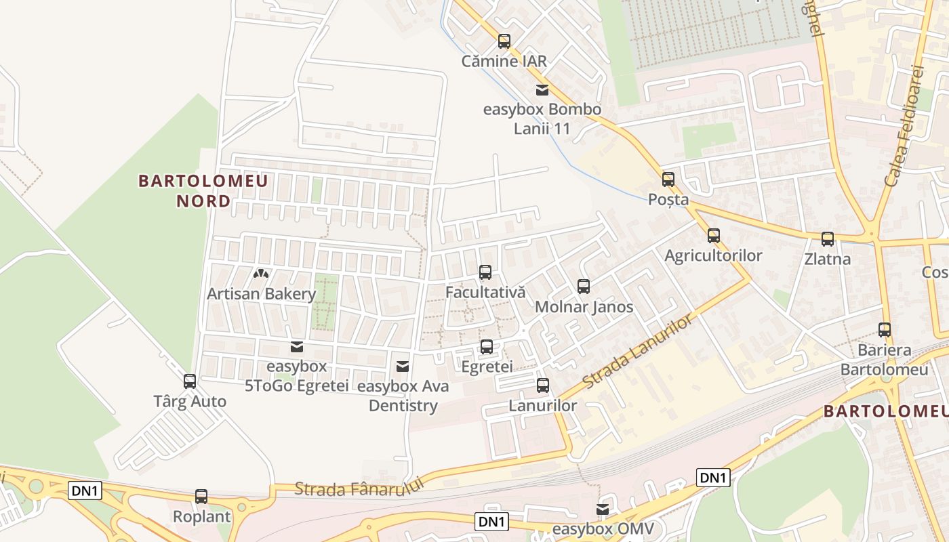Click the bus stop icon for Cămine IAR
504,41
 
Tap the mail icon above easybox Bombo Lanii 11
542,90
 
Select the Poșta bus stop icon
668,180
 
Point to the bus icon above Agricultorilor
714,236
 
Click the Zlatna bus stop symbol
828,239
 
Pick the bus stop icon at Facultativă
485,272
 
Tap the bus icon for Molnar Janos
584,287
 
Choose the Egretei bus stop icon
487,347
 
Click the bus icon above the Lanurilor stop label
543,385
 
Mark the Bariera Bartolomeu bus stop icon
885,330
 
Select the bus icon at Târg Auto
190,381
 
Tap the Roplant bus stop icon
201,497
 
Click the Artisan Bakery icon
261,274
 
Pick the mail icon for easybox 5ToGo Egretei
297,347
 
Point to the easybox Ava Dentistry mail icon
403,367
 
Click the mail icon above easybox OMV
603,509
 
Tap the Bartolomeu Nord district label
203,191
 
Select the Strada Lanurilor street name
638,351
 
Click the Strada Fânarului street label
359,488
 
